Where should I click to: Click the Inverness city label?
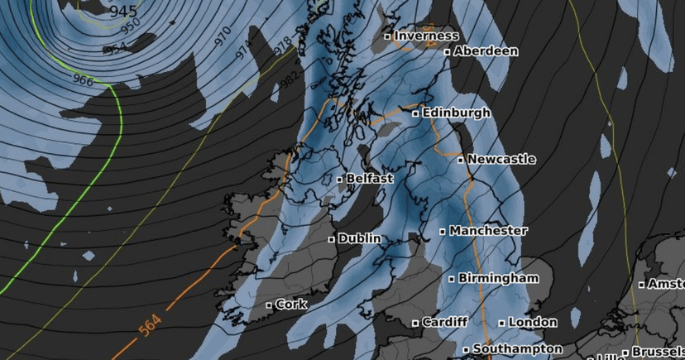coord(426,36)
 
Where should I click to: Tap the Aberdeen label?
coord(486,51)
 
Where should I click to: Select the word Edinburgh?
coord(457,113)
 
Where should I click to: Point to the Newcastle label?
coord(501,159)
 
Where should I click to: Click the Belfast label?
coord(370,178)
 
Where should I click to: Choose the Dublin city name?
coord(360,238)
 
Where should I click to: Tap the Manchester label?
coord(488,231)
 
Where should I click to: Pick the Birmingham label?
coord(498,278)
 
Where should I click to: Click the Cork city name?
coord(291,305)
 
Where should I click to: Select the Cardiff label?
coord(445,322)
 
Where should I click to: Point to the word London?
coord(534,322)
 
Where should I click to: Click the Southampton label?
coord(518,349)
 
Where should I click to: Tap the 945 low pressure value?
coord(123,12)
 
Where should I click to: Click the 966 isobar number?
coord(83,80)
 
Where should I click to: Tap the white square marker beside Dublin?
coord(332,239)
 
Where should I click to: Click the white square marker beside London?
coord(502,323)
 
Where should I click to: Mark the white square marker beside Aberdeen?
coord(448,52)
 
